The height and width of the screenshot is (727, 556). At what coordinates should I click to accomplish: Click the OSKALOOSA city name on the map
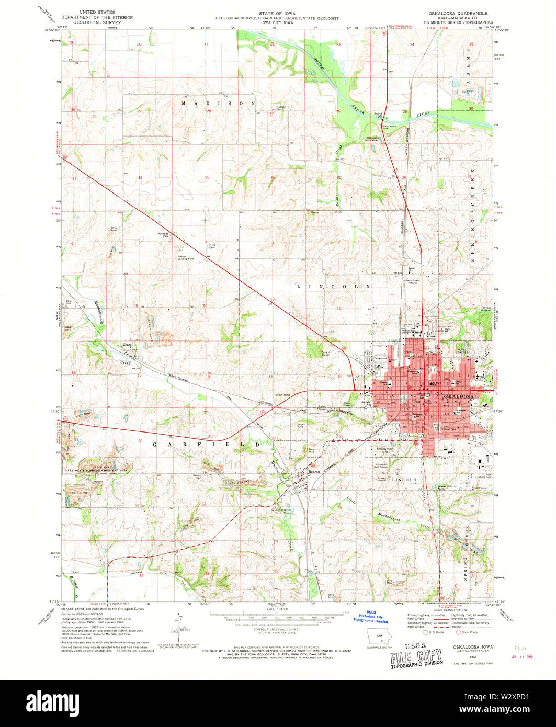(x=457, y=397)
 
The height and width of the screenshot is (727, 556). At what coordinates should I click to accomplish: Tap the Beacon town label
(x=314, y=471)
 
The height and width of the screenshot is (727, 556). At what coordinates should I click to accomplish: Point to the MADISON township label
(x=219, y=104)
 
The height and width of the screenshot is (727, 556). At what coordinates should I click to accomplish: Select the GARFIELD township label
(x=207, y=444)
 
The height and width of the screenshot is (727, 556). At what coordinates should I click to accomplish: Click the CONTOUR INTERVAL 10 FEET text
(x=278, y=629)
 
